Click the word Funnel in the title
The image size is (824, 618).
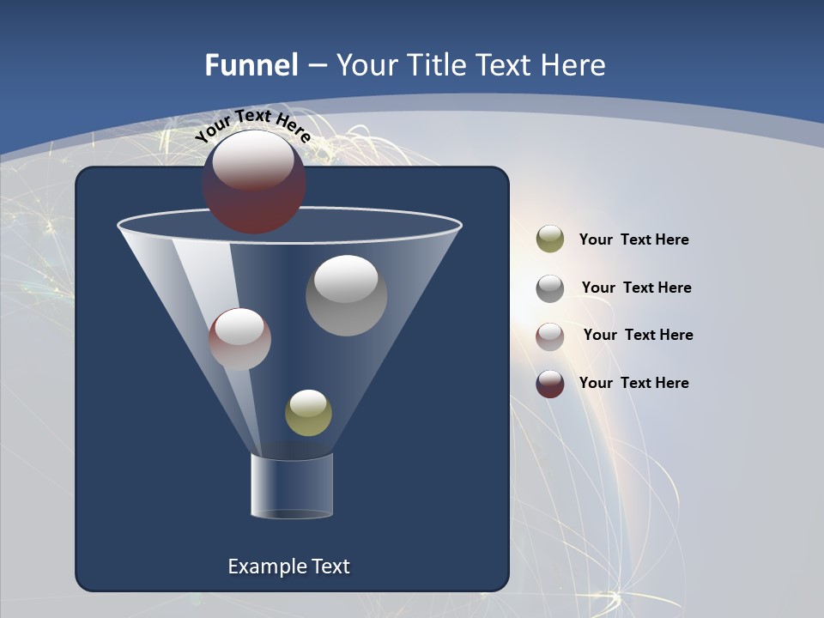[251, 65]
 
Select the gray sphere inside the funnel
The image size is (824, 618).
[346, 295]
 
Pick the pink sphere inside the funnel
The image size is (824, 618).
[239, 339]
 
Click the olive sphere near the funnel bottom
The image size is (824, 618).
[308, 413]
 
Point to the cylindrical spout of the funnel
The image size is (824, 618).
[292, 487]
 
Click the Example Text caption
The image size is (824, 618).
[288, 566]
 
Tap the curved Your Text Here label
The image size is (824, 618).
[252, 125]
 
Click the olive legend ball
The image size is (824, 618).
[550, 239]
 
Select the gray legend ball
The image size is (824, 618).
[550, 288]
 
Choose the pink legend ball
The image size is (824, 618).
[550, 336]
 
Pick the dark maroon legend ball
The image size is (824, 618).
[550, 384]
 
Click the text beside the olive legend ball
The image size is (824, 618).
[633, 240]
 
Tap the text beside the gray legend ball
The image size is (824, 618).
[636, 288]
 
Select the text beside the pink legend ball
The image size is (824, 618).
[638, 336]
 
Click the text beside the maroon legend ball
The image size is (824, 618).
[633, 384]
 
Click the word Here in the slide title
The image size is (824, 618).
[574, 65]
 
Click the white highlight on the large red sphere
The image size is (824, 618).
[253, 161]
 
